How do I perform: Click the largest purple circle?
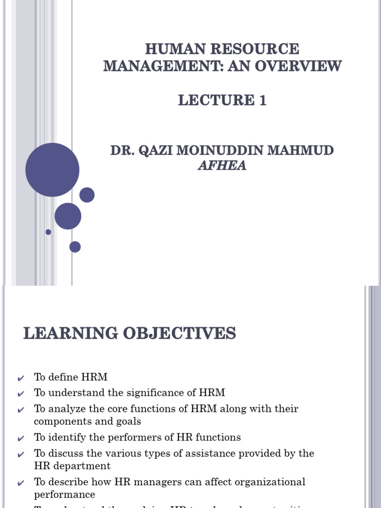[x=52, y=170]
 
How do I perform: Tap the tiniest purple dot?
[x=48, y=232]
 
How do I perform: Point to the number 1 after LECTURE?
[x=262, y=100]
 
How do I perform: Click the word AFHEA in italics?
[x=222, y=166]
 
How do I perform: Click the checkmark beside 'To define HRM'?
[x=20, y=379]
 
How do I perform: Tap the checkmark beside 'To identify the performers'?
[x=20, y=439]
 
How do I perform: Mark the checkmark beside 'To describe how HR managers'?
[x=20, y=483]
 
